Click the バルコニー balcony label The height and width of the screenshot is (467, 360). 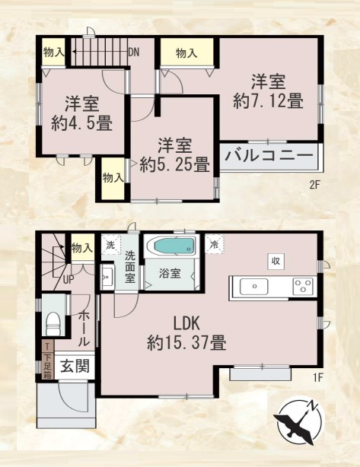269,157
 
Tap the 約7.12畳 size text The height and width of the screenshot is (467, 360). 269,100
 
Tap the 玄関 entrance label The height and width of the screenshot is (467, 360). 75,366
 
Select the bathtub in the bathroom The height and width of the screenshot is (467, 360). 172,247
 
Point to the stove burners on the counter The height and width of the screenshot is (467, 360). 302,286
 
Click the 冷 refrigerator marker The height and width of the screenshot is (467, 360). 215,245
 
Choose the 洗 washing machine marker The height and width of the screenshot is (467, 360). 110,245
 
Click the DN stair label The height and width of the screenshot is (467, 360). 133,52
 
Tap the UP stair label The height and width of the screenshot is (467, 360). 68,279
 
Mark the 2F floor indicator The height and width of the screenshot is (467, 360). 314,184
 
